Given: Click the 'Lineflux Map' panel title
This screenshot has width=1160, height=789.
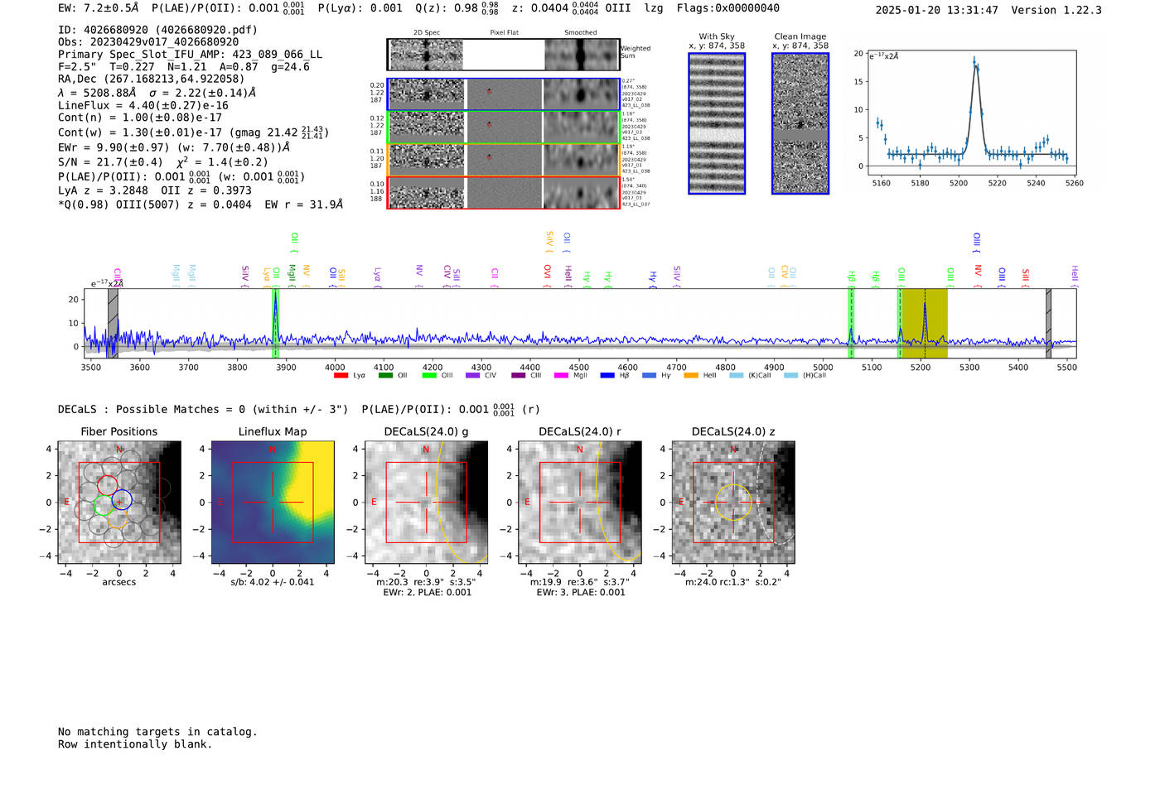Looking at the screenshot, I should coord(272,431).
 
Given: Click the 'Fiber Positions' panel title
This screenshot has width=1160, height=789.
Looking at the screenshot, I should coord(118,431).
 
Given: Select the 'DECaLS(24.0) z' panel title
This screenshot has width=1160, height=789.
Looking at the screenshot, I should coord(732,431).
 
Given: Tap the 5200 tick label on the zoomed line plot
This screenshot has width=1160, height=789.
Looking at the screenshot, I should coord(959,183).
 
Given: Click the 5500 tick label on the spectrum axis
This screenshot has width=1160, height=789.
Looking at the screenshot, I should coord(1066,367).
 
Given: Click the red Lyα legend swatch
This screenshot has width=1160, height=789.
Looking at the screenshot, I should coord(341,376).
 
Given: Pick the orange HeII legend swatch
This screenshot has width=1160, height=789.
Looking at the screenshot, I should coord(691,376).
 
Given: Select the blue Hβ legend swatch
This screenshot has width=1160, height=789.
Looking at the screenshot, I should coord(607,376).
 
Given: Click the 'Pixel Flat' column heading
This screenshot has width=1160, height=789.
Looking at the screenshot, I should coord(504,32).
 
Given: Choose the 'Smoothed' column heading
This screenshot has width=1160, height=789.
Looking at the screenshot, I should coord(580,32).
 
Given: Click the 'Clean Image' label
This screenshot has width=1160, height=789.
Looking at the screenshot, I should coord(800,36).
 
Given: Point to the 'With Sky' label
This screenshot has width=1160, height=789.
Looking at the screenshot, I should coord(716,36).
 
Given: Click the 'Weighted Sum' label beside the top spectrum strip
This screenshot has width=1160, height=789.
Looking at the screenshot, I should coord(635,52).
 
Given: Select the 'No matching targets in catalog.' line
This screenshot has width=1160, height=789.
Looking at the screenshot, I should coord(157,732).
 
